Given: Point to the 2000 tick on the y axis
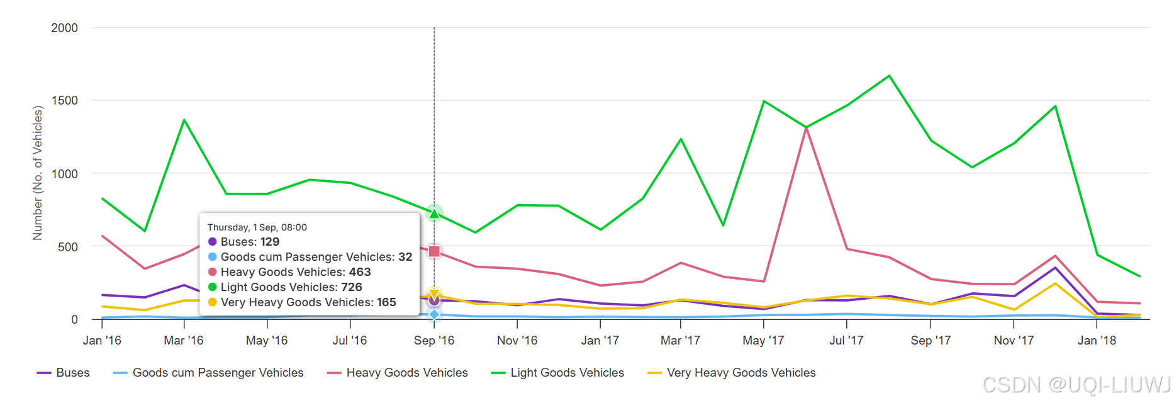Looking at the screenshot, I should pos(65,28).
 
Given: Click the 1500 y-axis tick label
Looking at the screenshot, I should pos(65,100).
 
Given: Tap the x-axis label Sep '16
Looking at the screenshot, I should pos(434,341).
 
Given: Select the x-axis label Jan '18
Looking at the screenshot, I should pos(1097,341).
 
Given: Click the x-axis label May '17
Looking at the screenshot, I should pos(763,341).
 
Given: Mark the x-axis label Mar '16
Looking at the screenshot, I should pos(184,341).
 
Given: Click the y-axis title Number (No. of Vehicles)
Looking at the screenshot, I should pos(38,173).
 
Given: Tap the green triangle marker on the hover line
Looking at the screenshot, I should pos(434,214).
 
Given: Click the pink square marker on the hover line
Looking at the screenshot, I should pos(434,251).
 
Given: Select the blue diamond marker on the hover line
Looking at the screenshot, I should pos(434,314).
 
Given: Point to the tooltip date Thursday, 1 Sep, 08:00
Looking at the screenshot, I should pos(257,227).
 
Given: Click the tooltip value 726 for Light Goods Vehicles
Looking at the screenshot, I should pos(352,287).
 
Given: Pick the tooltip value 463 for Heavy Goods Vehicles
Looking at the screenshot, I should pos(360,272).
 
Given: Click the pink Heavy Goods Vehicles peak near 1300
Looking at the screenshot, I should pos(806,128).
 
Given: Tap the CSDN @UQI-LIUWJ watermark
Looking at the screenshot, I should pos(1076,385).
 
